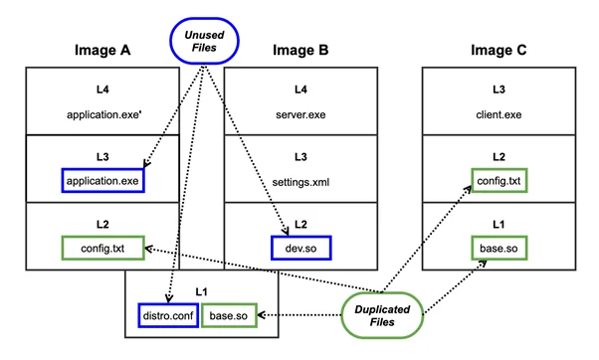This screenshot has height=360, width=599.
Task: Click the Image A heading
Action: click(x=103, y=50)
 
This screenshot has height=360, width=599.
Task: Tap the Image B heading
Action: click(x=299, y=50)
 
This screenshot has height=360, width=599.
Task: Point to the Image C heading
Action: click(x=499, y=50)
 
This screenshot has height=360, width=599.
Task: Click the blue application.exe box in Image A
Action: click(x=103, y=181)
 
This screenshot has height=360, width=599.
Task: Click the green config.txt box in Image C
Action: click(x=499, y=181)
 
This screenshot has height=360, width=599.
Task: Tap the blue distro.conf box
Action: click(x=166, y=315)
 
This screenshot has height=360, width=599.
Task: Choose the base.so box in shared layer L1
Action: click(x=231, y=315)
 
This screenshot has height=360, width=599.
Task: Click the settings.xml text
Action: click(x=299, y=180)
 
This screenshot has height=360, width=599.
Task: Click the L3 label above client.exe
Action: click(x=499, y=90)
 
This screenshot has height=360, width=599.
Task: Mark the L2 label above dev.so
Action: click(x=299, y=224)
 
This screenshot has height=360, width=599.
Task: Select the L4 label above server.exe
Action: click(x=299, y=90)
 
